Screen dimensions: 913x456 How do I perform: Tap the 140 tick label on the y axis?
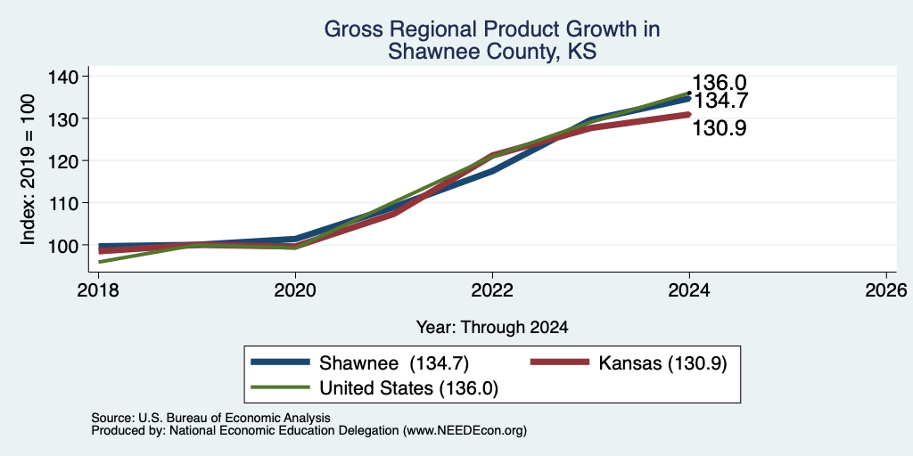tap(63, 77)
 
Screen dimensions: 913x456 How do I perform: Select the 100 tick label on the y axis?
tap(63, 245)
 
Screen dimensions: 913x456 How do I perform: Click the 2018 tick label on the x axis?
tap(98, 289)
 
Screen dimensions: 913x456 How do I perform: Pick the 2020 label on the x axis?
tap(295, 289)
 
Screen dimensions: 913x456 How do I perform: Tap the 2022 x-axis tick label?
tap(492, 289)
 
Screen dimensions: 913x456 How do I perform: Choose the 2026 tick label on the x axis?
tap(886, 289)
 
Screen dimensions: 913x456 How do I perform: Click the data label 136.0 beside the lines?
tap(720, 83)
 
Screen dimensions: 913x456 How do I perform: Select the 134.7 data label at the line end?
tap(720, 102)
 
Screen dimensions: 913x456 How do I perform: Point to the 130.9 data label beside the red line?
tap(720, 128)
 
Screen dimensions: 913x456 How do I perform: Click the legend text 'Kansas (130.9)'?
tap(662, 363)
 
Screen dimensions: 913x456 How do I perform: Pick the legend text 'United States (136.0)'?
tap(408, 388)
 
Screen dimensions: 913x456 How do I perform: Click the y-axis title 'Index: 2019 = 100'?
tap(28, 169)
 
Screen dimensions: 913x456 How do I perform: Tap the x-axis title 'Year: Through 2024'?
tap(492, 328)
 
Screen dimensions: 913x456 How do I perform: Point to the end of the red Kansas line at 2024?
tap(689, 115)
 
